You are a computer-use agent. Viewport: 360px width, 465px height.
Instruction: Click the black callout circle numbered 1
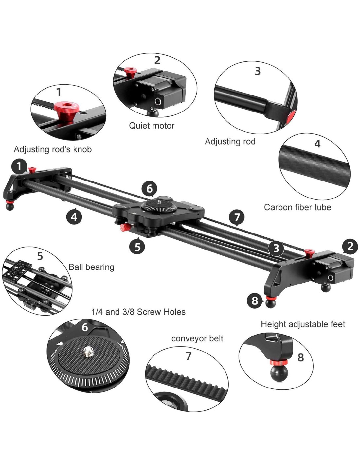[19, 166]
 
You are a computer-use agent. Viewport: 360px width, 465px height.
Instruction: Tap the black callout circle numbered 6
[149, 188]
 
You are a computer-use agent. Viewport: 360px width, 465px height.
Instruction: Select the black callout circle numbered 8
[255, 301]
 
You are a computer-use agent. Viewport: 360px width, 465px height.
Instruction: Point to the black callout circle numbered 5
[137, 246]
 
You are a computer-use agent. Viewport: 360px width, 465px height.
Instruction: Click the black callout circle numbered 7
[237, 217]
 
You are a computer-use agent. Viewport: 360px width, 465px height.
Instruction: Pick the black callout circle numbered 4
[74, 216]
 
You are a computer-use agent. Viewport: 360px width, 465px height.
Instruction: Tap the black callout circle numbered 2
[350, 246]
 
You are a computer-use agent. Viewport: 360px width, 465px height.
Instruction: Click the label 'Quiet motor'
[152, 126]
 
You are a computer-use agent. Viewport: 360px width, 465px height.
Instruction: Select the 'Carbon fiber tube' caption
[297, 207]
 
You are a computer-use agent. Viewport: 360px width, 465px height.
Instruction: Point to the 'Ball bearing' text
[91, 267]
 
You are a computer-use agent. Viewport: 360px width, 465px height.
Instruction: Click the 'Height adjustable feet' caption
[303, 324]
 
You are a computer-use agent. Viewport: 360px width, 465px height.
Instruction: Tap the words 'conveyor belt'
[197, 338]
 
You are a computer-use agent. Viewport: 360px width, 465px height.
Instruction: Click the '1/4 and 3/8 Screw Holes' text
[138, 312]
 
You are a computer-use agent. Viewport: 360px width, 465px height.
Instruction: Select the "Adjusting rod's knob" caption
[53, 149]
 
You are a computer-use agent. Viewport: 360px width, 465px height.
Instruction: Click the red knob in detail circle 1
[65, 111]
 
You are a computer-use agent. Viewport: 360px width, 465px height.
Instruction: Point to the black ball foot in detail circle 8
[279, 373]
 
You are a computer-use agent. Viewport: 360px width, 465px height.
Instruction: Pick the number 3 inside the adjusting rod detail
[258, 71]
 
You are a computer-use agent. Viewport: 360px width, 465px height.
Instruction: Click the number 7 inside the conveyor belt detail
[189, 356]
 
